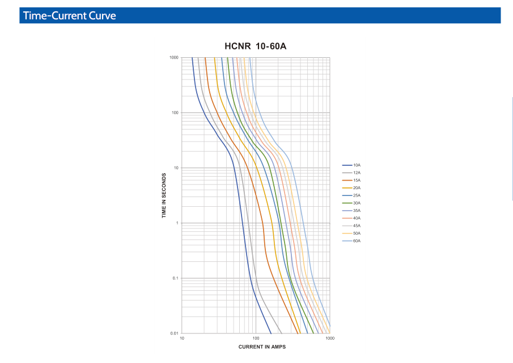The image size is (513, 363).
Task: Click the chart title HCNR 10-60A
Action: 256,46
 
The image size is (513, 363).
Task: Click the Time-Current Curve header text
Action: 70,15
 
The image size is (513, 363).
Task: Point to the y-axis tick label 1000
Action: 173,58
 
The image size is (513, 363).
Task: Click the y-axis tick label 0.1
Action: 175,278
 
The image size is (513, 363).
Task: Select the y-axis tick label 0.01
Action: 174,333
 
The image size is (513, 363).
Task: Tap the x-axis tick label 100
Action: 256,339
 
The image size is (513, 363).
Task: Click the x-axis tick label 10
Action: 182,339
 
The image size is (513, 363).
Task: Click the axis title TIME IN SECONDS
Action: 164,195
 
